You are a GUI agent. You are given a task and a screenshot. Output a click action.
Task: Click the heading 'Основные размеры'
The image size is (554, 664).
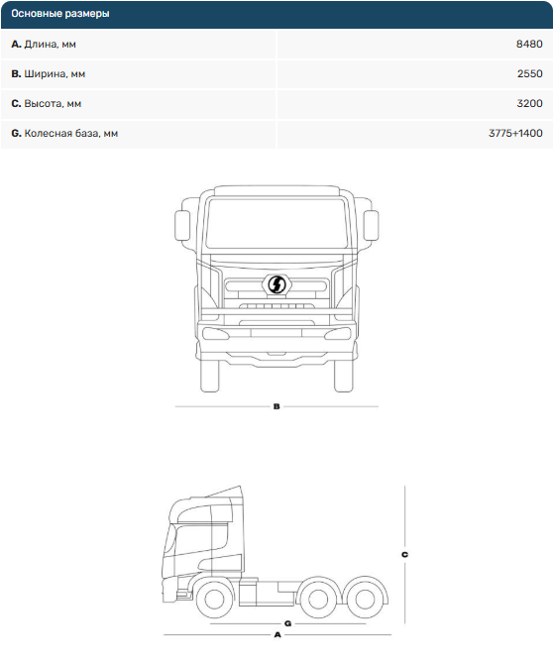pyautogui.click(x=60, y=14)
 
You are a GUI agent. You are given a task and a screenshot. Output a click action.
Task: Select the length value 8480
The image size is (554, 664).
pyautogui.click(x=529, y=44)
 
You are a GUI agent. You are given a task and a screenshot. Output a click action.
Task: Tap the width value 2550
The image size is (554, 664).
pyautogui.click(x=529, y=73)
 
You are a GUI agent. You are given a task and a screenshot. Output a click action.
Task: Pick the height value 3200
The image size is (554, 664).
pyautogui.click(x=529, y=103)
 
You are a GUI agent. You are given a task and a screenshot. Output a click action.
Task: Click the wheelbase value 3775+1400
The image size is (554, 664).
pyautogui.click(x=515, y=133)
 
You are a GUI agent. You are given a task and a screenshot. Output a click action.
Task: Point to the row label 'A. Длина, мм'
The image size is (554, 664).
pyautogui.click(x=44, y=44)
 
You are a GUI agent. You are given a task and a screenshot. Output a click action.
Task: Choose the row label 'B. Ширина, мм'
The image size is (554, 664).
pyautogui.click(x=49, y=73)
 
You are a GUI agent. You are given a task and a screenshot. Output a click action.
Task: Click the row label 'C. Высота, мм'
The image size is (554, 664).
pyautogui.click(x=47, y=103)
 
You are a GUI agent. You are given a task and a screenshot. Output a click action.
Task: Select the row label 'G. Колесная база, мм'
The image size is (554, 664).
pyautogui.click(x=64, y=134)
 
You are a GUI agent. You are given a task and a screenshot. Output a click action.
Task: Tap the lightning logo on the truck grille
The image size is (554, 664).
pyautogui.click(x=277, y=284)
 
